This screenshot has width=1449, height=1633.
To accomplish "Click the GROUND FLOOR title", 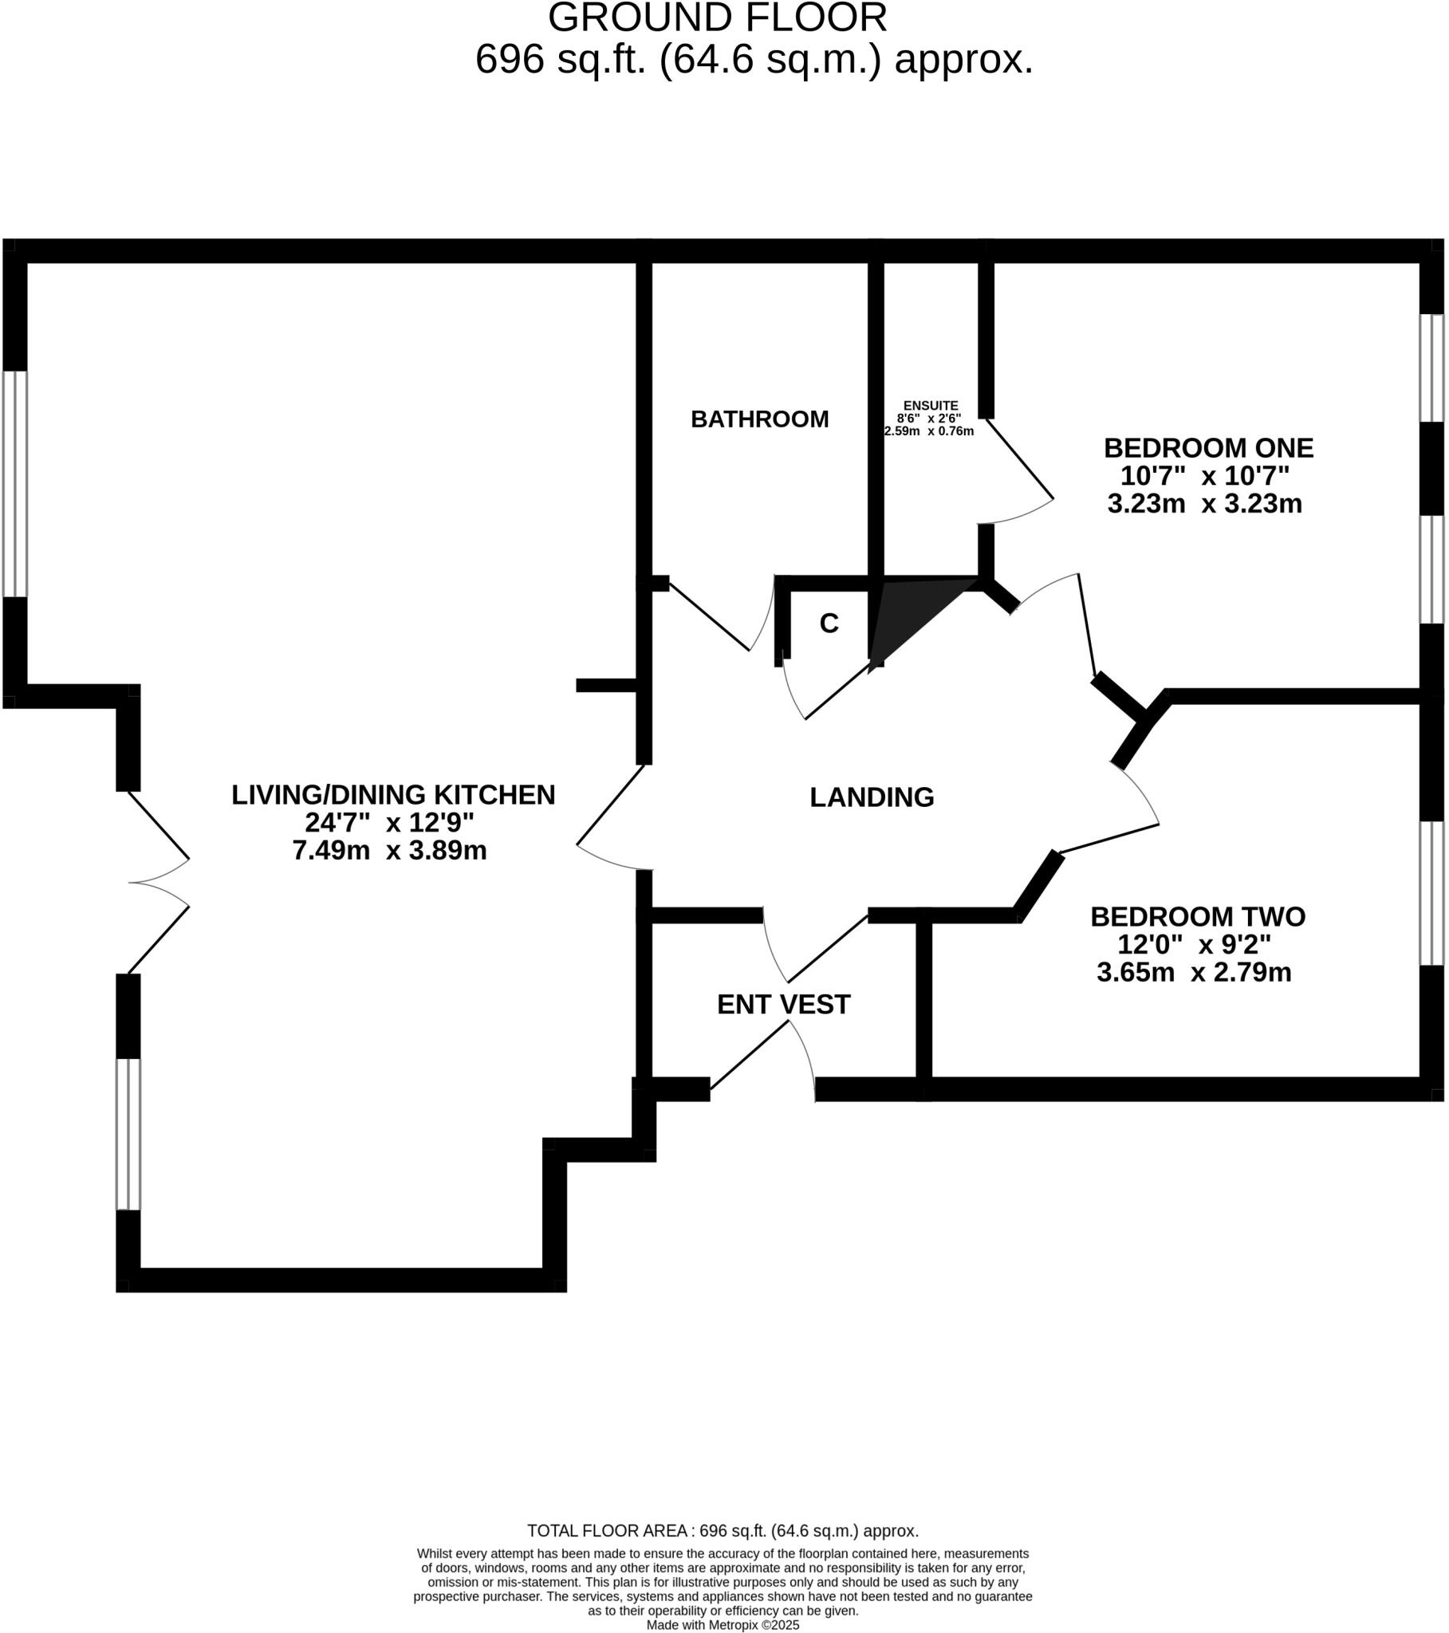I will click(x=717, y=18).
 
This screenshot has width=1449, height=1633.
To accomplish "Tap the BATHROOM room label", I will click(x=759, y=419).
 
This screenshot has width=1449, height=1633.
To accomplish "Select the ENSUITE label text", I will click(x=931, y=406).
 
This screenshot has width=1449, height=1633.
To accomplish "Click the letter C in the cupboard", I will click(x=829, y=624).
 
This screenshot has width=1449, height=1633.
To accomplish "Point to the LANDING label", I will click(x=872, y=797).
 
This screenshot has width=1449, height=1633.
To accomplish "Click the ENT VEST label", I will click(x=783, y=1004).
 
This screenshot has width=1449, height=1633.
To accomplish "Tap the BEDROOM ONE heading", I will click(x=1207, y=447).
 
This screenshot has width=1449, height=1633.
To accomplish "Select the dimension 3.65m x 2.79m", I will click(x=1194, y=972).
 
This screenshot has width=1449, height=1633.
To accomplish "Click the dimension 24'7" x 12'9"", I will click(x=389, y=822).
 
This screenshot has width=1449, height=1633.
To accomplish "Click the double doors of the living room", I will click(x=159, y=882).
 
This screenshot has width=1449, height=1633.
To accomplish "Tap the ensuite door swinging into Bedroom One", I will click(x=1020, y=471).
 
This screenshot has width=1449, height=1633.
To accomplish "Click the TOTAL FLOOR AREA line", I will click(x=723, y=1531).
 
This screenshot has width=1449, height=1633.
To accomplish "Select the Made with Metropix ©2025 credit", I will click(x=723, y=1625).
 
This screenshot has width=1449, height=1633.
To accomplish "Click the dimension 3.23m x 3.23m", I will click(x=1204, y=503).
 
